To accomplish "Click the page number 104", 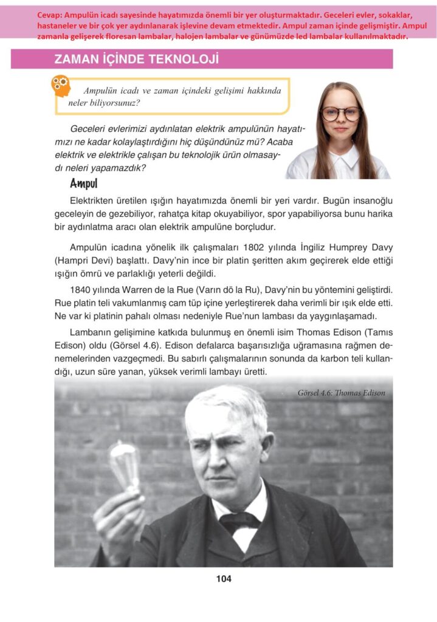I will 224,579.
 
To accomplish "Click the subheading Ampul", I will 84,183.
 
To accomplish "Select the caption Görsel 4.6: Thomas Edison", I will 342,393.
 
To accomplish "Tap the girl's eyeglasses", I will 340,114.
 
